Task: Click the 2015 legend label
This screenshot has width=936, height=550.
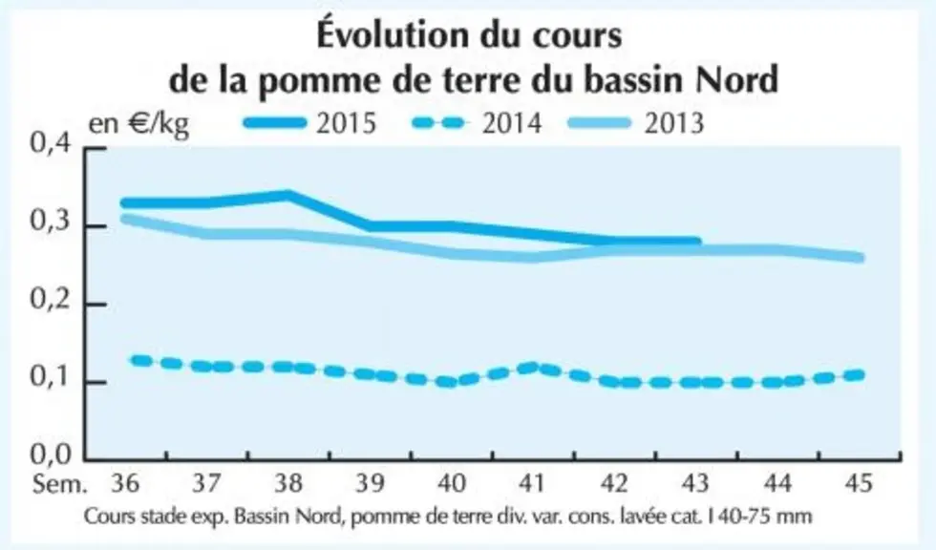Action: pyautogui.click(x=346, y=123)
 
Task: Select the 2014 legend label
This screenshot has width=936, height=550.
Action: pyautogui.click(x=512, y=123)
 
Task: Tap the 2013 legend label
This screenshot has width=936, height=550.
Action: pyautogui.click(x=674, y=123)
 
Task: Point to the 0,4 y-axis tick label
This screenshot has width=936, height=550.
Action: pyautogui.click(x=51, y=144)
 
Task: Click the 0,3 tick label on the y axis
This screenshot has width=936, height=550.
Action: pyautogui.click(x=51, y=222)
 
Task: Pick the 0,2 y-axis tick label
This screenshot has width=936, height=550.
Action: pyautogui.click(x=51, y=300)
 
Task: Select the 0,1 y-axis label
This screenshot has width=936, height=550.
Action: pyautogui.click(x=51, y=377)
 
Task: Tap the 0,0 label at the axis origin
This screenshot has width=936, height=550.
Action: pyautogui.click(x=51, y=455)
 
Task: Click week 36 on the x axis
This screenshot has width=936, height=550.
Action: pyautogui.click(x=125, y=482)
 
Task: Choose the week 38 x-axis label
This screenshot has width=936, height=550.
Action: pyautogui.click(x=288, y=482)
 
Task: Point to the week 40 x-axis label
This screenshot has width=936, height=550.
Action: pyautogui.click(x=451, y=482)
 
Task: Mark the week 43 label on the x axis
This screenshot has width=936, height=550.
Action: pyautogui.click(x=696, y=482)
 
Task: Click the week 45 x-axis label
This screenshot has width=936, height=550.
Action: pyautogui.click(x=859, y=482)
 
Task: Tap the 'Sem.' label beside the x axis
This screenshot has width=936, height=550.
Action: pyautogui.click(x=59, y=483)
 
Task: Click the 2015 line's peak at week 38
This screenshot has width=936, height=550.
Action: pyautogui.click(x=288, y=195)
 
